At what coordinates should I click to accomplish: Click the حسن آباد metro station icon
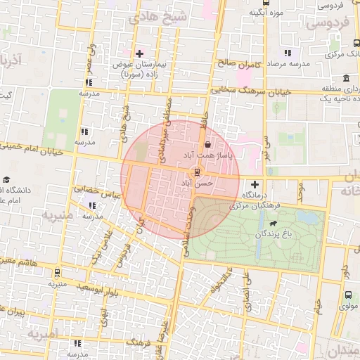(197, 172)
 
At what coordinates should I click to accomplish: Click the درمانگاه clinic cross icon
(255, 184)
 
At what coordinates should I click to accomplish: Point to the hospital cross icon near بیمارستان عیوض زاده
(139, 53)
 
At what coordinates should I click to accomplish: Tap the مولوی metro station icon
(349, 296)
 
